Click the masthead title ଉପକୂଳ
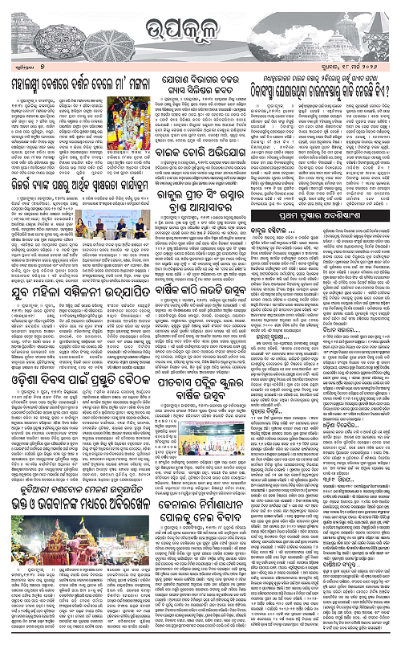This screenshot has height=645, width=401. pos(200,27)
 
